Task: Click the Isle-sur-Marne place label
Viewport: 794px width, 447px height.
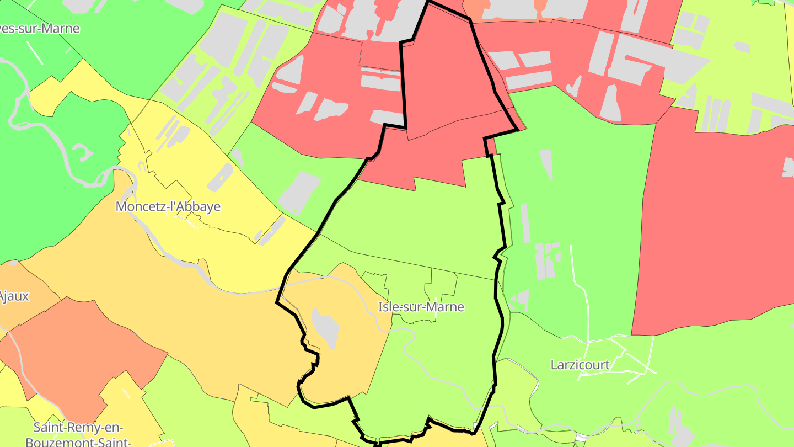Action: tap(421, 307)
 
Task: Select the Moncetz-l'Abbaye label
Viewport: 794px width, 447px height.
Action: tap(168, 207)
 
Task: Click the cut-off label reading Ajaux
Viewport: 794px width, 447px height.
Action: tap(14, 296)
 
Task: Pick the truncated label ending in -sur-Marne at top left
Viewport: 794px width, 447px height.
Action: tap(40, 29)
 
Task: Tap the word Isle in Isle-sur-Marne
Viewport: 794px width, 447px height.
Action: tap(388, 307)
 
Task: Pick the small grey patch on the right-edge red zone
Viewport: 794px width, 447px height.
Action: tap(787, 167)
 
